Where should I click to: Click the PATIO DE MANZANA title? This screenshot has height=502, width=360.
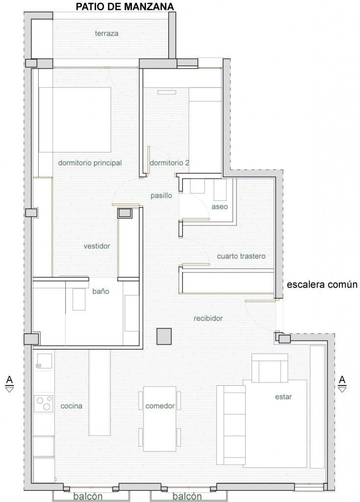tap(125, 6)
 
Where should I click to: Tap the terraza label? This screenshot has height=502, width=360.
tap(106, 33)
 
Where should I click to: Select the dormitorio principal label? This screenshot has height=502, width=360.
tap(90, 163)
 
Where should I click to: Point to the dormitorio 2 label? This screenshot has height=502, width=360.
tap(169, 163)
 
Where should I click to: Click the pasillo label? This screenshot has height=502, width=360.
tap(161, 196)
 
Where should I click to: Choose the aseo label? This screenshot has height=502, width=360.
tap(220, 207)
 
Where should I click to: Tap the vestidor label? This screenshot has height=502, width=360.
tap(97, 246)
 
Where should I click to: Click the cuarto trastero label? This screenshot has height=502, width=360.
tap(241, 256)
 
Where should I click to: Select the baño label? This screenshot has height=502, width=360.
tap(101, 291)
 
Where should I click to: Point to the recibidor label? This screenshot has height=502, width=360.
tap(208, 319)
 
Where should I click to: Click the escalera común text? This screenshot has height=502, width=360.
tap(322, 285)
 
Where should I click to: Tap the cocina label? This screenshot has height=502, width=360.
tap(72, 406)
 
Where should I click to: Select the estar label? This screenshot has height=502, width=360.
tap(283, 397)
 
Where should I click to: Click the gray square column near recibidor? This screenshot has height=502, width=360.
tap(164, 336)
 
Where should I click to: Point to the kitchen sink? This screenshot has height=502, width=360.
tap(44, 362)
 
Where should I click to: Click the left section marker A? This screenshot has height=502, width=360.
tap(10, 384)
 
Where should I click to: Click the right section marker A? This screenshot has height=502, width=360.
tap(342, 384)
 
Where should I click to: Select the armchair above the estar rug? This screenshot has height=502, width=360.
tap(270, 368)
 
